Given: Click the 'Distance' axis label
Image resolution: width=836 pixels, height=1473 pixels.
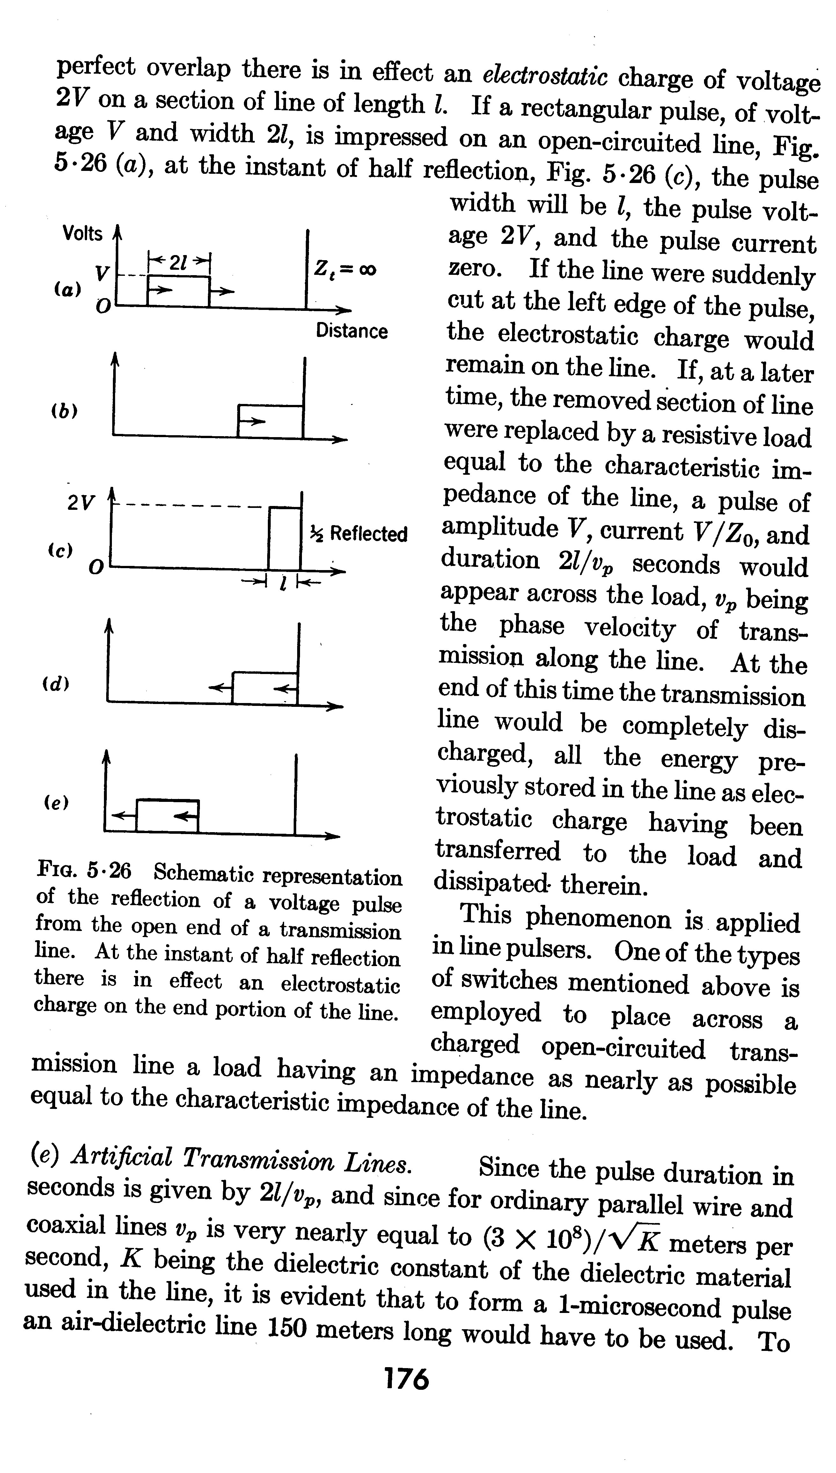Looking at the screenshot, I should (351, 331).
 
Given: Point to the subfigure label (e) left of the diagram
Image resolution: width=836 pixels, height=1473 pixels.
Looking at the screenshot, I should (56, 802).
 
